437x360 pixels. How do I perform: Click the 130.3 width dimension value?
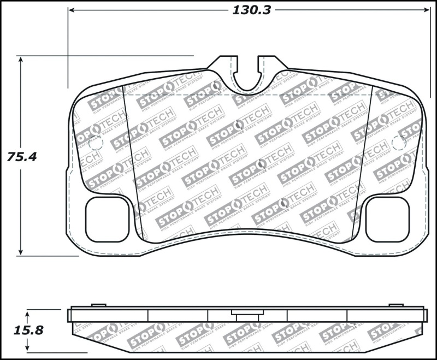click(252, 10)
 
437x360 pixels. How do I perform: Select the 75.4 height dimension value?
click(22, 156)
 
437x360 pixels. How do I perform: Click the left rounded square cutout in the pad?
click(107, 219)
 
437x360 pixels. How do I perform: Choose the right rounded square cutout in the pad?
click(387, 219)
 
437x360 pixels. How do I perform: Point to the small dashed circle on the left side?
click(96, 144)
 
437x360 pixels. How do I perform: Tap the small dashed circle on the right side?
click(399, 143)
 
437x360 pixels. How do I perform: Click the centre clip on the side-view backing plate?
click(247, 313)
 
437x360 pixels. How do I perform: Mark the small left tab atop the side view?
click(98, 305)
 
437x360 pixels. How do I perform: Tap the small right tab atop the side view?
click(396, 305)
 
